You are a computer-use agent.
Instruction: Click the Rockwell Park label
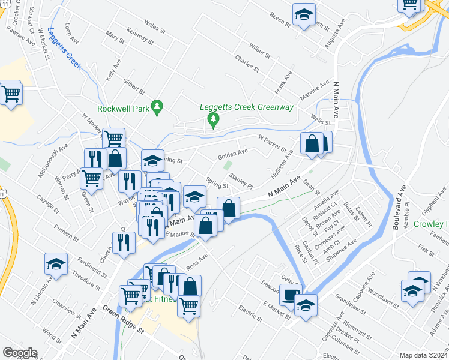124,109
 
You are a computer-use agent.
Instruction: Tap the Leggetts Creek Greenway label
247,107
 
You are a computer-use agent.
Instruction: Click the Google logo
20,353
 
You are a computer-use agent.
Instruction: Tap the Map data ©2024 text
423,355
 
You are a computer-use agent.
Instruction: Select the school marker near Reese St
304,15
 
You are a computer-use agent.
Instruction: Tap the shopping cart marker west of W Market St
11,94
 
